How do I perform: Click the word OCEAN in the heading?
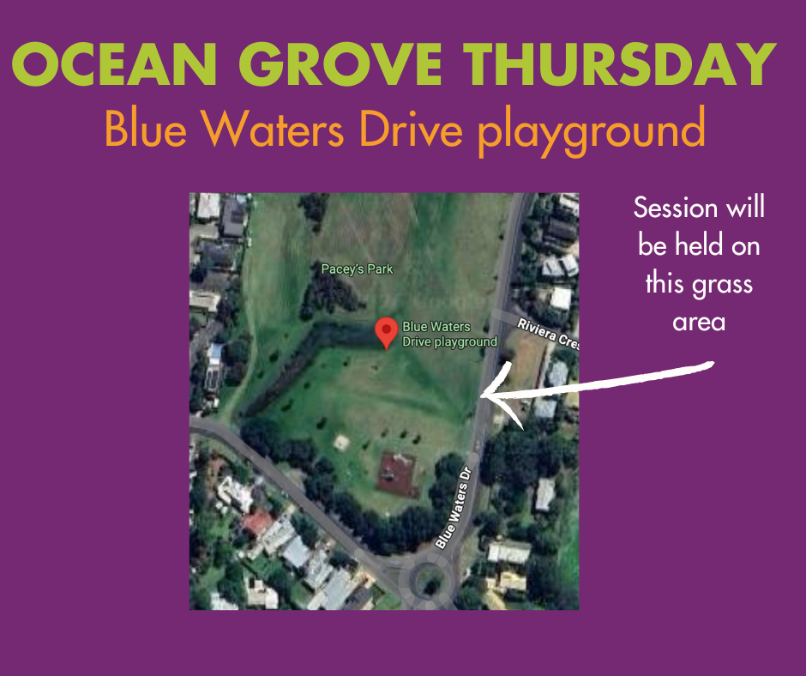(114, 63)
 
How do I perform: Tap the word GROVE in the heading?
(340, 63)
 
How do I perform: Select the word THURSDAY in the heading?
(620, 63)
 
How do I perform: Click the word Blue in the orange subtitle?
(146, 128)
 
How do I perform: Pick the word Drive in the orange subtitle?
(412, 128)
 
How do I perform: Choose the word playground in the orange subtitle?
(592, 132)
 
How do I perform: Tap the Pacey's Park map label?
(357, 269)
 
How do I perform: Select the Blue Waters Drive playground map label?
(450, 334)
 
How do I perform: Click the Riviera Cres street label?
(548, 334)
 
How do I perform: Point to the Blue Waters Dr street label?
(454, 508)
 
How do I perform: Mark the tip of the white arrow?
(481, 396)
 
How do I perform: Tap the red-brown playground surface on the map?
(397, 474)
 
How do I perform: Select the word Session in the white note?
(676, 208)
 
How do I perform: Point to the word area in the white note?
(699, 323)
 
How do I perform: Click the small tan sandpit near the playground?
(341, 442)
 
